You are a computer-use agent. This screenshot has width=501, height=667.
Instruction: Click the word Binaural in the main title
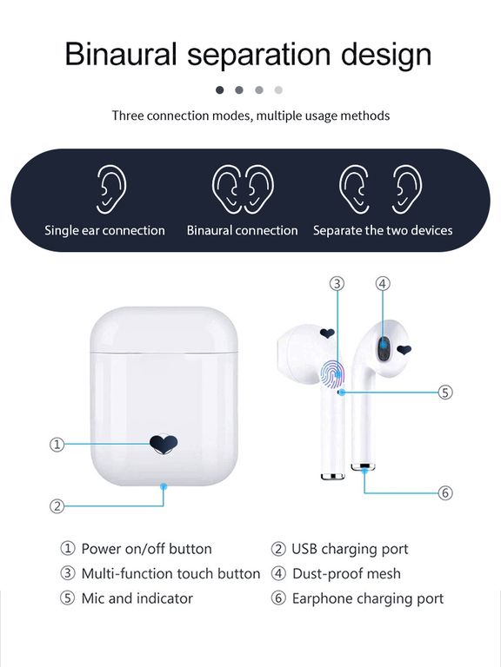point(121,54)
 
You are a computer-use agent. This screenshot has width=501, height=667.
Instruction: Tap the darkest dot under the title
point(220,89)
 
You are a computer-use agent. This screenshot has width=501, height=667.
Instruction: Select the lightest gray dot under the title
point(278,89)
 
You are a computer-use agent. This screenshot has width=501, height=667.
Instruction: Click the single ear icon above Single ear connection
point(111,189)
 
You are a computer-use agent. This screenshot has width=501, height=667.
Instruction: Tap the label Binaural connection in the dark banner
point(242,230)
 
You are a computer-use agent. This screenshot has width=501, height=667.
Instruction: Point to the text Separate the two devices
point(383,230)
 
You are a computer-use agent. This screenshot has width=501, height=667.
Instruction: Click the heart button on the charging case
point(164,444)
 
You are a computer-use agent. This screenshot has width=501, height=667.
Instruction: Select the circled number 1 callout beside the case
point(57,445)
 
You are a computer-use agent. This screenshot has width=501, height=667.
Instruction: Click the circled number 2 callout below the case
point(57,506)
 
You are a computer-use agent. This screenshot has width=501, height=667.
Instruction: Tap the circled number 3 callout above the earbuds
point(337,283)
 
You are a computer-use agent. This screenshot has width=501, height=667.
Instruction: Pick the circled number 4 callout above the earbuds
point(383,283)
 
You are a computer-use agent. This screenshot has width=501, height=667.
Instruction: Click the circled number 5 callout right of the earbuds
point(445,392)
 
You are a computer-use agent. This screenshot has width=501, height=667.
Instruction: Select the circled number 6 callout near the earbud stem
point(445,492)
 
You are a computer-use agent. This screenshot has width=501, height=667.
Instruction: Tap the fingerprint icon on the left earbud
point(332,374)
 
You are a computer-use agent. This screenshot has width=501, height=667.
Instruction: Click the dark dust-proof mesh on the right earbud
point(384,349)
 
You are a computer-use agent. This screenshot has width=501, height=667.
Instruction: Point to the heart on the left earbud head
point(327,333)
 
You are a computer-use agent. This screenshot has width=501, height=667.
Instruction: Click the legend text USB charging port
point(350,549)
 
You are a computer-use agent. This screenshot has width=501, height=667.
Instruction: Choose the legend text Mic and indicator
point(137,598)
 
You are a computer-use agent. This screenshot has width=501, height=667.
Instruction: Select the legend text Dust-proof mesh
point(346,574)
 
